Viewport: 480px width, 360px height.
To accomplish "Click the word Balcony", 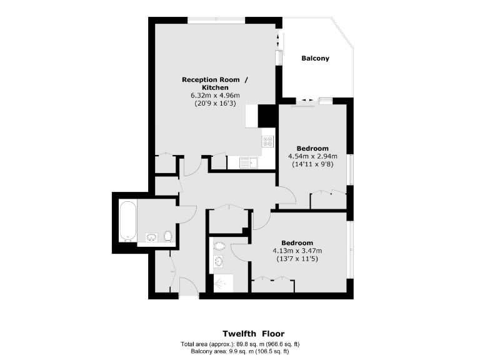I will [315, 59].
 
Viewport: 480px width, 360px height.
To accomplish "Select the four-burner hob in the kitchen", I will [267, 141].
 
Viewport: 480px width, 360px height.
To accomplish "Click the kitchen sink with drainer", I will [249, 163].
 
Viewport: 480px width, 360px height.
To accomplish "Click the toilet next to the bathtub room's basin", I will [167, 236].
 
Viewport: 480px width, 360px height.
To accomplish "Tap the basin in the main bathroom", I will [151, 237].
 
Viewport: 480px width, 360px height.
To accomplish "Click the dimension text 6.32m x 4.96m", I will [215, 96].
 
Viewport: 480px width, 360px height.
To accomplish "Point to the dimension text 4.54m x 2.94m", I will [312, 156].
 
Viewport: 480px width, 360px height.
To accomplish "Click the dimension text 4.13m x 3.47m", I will [297, 251].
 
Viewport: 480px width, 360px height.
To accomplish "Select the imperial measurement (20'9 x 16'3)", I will [215, 104].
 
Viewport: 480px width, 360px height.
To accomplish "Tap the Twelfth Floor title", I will [254, 334].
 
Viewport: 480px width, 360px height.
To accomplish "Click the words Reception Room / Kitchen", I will [215, 83].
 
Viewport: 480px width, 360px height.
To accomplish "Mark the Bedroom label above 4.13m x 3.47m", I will [297, 242].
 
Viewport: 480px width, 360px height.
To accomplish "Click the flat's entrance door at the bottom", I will [188, 288].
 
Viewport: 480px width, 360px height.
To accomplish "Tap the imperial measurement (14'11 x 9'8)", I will [312, 164].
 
